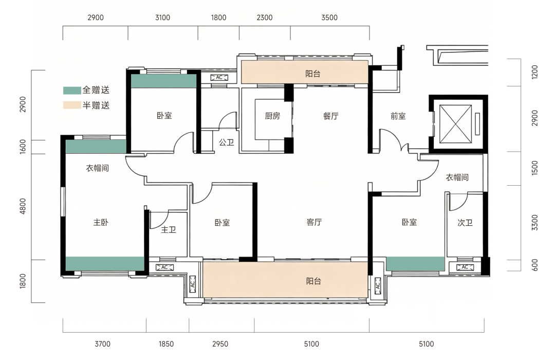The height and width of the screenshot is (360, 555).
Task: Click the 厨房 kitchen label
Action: click(x=272, y=116)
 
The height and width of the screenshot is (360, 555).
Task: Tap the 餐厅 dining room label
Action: click(x=330, y=116)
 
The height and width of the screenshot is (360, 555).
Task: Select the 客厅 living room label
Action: click(x=314, y=222)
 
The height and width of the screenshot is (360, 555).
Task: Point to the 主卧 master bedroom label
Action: click(x=101, y=222)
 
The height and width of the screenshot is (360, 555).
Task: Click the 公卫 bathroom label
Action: click(x=226, y=142)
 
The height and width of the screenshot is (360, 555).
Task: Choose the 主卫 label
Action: click(x=168, y=229)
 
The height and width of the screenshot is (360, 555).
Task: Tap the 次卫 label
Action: click(x=465, y=223)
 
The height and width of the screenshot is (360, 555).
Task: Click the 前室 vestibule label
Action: click(x=398, y=116)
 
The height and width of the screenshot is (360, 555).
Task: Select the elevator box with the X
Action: click(x=455, y=124)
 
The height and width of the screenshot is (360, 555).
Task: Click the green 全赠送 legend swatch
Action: click(x=72, y=91)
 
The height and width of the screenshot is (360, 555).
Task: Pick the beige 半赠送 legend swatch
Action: click(x=72, y=105)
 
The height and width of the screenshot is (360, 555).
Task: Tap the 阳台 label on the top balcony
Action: click(x=312, y=74)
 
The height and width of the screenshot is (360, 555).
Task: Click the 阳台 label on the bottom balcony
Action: click(x=313, y=281)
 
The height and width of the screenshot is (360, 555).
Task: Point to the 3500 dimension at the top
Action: click(x=329, y=17)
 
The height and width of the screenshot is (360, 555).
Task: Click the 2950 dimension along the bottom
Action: click(x=220, y=344)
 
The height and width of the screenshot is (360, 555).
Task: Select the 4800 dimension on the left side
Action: click(x=23, y=206)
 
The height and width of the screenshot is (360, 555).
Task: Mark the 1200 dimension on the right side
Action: click(x=534, y=72)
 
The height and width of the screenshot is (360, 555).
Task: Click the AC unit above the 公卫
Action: click(x=219, y=78)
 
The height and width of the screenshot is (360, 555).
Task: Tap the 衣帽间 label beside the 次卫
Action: click(x=457, y=177)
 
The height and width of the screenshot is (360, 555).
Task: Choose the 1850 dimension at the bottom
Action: click(x=166, y=344)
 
